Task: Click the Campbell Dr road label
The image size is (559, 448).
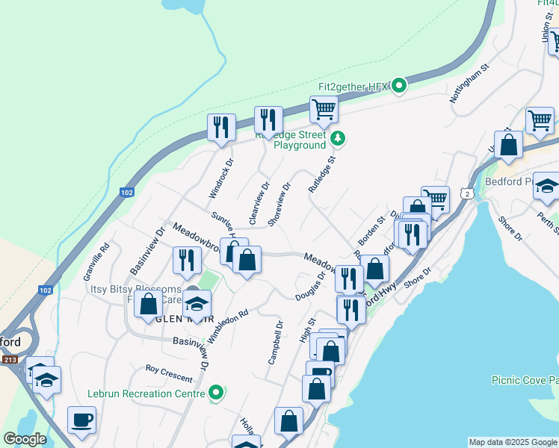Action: pyautogui.click(x=274, y=343)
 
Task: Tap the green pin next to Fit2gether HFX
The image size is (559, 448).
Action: pyautogui.click(x=399, y=86)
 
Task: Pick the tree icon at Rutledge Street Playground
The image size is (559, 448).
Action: pyautogui.click(x=339, y=137)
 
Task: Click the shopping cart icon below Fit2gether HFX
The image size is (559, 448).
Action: pyautogui.click(x=324, y=110)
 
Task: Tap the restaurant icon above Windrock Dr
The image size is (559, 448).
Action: pyautogui.click(x=222, y=127)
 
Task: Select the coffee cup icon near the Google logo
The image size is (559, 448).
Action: pyautogui.click(x=81, y=420)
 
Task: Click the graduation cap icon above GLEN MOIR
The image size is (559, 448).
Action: pyautogui.click(x=197, y=304)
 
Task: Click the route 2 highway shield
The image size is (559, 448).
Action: pyautogui.click(x=467, y=193)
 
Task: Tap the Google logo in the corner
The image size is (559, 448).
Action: pyautogui.click(x=24, y=439)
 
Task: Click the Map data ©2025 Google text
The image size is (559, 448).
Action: pyautogui.click(x=513, y=442)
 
